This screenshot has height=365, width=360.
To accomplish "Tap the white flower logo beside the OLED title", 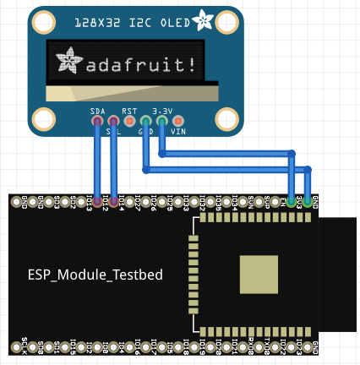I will coord(204,19).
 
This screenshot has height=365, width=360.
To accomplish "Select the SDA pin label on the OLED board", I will coord(98,111).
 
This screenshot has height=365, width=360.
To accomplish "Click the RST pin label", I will coord(128,111).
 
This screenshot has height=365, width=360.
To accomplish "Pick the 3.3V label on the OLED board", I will coord(162,111).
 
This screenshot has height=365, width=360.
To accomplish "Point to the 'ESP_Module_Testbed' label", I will coord(95,275).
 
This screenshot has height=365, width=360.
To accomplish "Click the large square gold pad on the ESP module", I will coord(258,275).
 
